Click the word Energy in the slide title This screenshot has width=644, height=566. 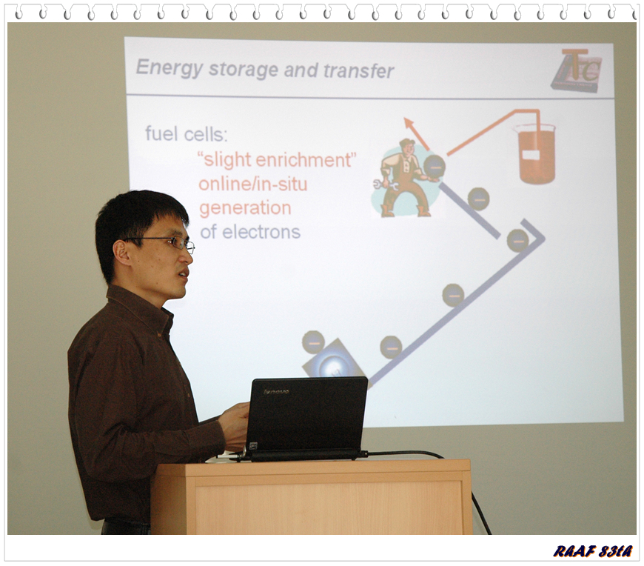pyautogui.click(x=169, y=68)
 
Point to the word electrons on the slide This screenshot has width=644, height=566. pyautogui.click(x=261, y=232)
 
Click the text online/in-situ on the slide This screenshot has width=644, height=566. pyautogui.click(x=253, y=184)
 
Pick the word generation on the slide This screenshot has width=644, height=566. pyautogui.click(x=245, y=208)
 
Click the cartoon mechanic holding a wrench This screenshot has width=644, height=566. pyautogui.click(x=405, y=178)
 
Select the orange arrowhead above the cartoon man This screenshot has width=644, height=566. pyautogui.click(x=409, y=123)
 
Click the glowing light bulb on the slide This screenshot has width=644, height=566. pyautogui.click(x=332, y=366)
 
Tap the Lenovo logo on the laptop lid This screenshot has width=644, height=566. pyautogui.click(x=276, y=391)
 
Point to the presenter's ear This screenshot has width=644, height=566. pyautogui.click(x=121, y=253)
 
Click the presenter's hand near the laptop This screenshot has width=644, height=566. pyautogui.click(x=233, y=425)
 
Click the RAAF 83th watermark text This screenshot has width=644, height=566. pyautogui.click(x=593, y=550)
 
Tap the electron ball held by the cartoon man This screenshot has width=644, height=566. pyautogui.click(x=434, y=166)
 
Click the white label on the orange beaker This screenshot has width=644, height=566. pyautogui.click(x=531, y=155)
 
